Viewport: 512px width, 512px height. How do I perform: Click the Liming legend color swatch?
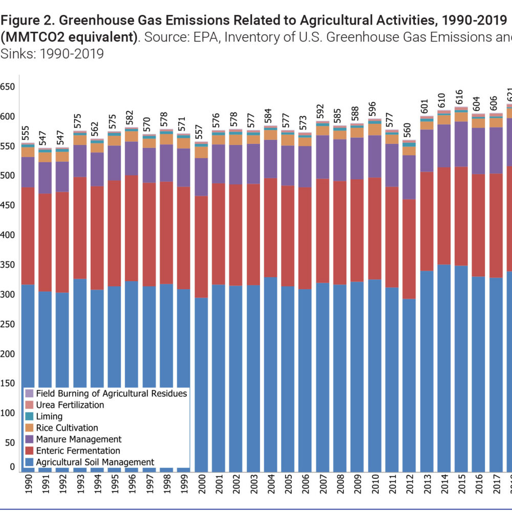point(29,417)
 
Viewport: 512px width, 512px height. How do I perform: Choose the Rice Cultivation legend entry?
point(67,428)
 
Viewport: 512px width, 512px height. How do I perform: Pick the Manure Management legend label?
point(78,439)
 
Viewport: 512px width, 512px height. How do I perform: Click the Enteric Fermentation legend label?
point(78,451)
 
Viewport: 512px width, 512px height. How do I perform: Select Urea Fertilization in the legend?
point(70,405)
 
